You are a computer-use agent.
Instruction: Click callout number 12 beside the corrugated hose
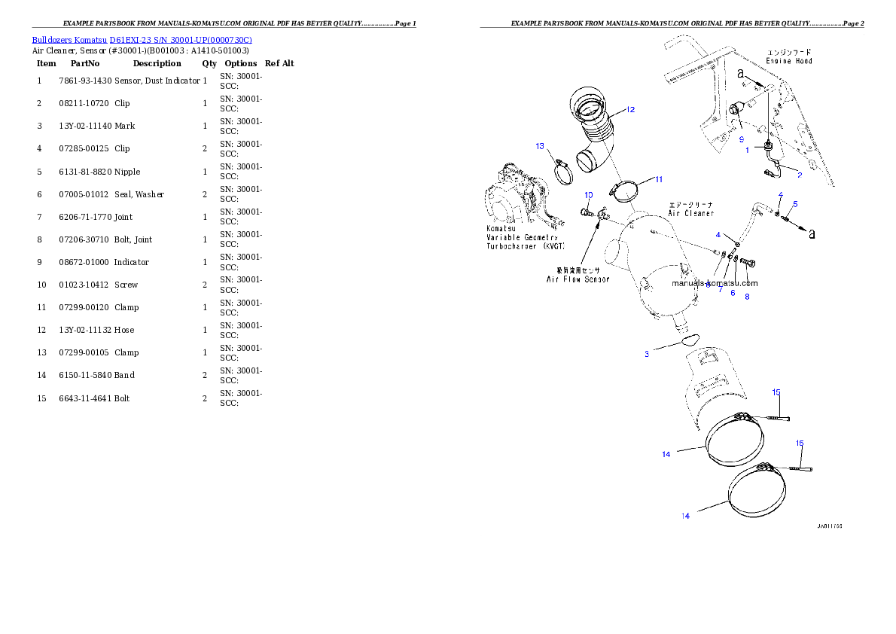tap(629, 110)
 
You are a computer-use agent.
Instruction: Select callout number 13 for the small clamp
tap(540, 146)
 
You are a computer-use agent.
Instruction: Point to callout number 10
tap(588, 195)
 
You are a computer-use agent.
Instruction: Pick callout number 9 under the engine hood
tap(741, 140)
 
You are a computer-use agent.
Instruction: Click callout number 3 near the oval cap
tap(646, 354)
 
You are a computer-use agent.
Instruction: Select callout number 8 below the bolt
tap(747, 297)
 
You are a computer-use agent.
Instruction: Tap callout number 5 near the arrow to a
tap(795, 204)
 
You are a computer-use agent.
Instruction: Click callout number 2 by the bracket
tap(799, 175)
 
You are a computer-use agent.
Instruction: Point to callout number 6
tap(732, 292)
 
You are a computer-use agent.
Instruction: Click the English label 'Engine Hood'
tap(788, 60)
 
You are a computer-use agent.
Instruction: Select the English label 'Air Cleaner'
tap(690, 213)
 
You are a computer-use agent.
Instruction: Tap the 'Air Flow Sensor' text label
tap(578, 279)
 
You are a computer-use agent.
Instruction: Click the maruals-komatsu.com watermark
tap(715, 284)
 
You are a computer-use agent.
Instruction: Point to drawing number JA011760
tap(829, 526)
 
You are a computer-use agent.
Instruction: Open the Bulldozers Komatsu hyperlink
tap(142, 39)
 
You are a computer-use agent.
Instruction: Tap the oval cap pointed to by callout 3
tap(690, 340)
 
